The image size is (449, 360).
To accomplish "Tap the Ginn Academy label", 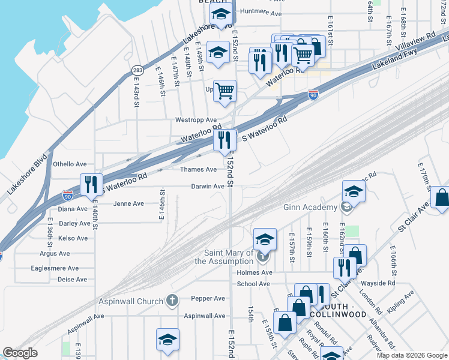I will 310,208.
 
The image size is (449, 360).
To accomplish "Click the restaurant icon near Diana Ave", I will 91,184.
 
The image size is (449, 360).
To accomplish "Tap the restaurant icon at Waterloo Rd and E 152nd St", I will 224,140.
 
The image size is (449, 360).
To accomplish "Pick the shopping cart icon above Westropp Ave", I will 224,92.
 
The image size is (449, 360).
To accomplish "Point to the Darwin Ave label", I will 207,186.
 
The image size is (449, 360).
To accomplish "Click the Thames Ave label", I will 199,169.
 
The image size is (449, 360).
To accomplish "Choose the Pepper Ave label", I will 208,298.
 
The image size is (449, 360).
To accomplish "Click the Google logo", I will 20,353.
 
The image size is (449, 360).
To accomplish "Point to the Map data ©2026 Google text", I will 412,355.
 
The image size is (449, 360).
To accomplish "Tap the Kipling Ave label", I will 401,302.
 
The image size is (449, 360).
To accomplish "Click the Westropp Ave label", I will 196,120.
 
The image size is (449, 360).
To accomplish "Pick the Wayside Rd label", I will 382,283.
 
